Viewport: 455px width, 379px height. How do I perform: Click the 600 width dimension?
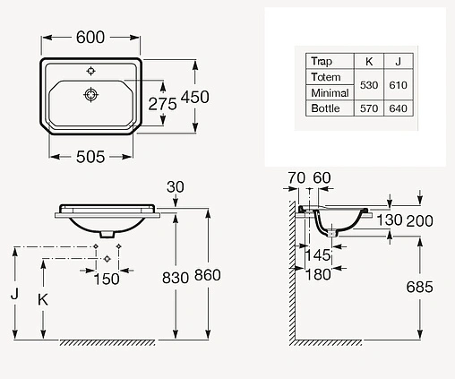pyautogui.click(x=90, y=38)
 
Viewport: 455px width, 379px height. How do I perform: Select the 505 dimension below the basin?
pyautogui.click(x=90, y=157)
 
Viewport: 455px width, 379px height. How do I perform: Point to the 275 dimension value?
pyautogui.click(x=162, y=104)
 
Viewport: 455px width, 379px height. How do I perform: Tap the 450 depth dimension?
pyautogui.click(x=195, y=97)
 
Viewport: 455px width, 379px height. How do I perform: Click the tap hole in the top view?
pyautogui.click(x=90, y=71)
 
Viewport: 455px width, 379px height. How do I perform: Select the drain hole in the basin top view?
pyautogui.click(x=90, y=95)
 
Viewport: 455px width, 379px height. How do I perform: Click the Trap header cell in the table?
pyautogui.click(x=322, y=61)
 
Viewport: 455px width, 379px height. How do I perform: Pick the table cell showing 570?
pyautogui.click(x=369, y=108)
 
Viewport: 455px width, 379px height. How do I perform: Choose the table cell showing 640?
pyautogui.click(x=399, y=108)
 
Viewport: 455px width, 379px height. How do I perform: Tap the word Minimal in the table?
pyautogui.click(x=330, y=93)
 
